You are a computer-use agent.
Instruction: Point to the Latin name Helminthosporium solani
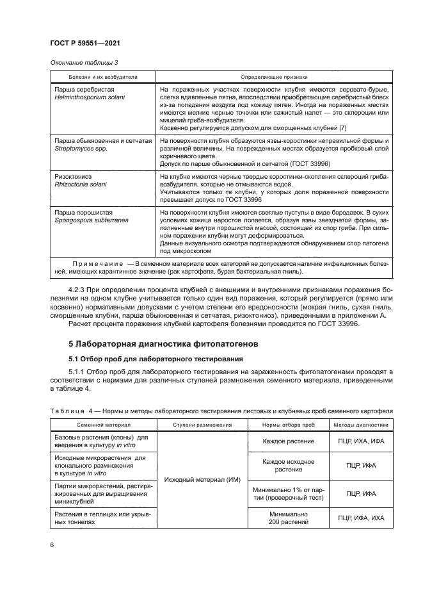(x=90, y=97)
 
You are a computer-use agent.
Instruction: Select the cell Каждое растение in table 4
(x=287, y=441)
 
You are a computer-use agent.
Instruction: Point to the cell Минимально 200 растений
(x=287, y=518)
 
